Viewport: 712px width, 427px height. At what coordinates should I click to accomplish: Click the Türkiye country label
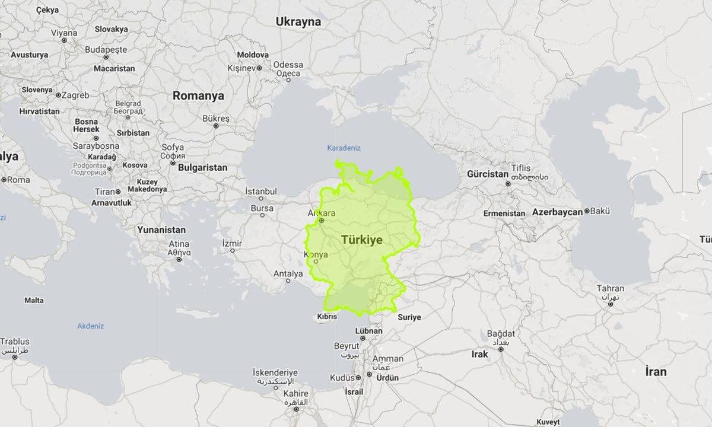pyautogui.click(x=361, y=240)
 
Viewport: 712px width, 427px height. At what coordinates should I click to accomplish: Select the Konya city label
pyautogui.click(x=315, y=254)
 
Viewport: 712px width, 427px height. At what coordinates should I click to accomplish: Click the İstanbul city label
pyautogui.click(x=261, y=192)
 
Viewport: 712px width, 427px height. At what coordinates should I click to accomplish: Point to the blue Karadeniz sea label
pyautogui.click(x=344, y=148)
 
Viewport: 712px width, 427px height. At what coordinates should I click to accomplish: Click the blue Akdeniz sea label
pyautogui.click(x=90, y=326)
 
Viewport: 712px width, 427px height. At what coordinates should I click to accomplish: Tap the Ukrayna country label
pyautogui.click(x=298, y=22)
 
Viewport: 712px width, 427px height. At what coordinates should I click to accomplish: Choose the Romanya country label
pyautogui.click(x=198, y=95)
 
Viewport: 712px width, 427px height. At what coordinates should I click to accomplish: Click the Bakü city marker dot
pyautogui.click(x=587, y=211)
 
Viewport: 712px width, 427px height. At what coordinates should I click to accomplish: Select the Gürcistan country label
pyautogui.click(x=488, y=174)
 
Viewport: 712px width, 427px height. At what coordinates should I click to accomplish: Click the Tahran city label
pyautogui.click(x=610, y=289)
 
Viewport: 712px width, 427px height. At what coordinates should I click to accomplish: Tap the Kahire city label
pyautogui.click(x=295, y=394)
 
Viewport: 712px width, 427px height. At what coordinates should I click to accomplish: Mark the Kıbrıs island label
pyautogui.click(x=327, y=317)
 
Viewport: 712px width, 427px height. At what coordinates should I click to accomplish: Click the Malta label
pyautogui.click(x=34, y=300)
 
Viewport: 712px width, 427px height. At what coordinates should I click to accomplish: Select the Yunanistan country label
pyautogui.click(x=161, y=230)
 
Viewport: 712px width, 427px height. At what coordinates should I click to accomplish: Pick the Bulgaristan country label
pyautogui.click(x=202, y=168)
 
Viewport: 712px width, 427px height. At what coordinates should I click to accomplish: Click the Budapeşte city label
pyautogui.click(x=106, y=50)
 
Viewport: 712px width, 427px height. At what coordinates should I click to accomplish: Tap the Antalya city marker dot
pyautogui.click(x=288, y=281)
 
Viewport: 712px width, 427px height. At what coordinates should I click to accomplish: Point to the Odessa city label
pyautogui.click(x=288, y=65)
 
